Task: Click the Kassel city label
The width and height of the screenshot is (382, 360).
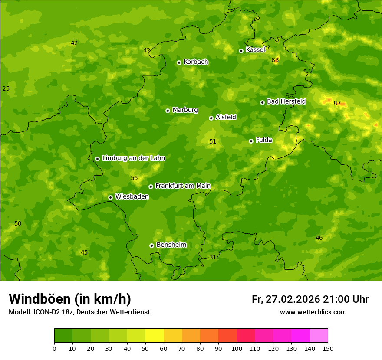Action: coord(255,50)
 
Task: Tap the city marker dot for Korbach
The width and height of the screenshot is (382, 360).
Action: coord(179,62)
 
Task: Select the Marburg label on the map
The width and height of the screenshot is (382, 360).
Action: coord(185,110)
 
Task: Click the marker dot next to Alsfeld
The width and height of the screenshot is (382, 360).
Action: coord(211,118)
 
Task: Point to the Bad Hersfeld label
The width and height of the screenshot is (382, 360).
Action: coord(286,101)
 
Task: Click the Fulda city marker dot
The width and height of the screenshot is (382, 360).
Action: coord(251,141)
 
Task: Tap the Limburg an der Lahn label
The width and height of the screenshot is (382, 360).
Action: coord(133,158)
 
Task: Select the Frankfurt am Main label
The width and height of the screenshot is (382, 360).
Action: coord(183,186)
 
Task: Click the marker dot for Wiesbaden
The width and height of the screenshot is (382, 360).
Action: coord(110,197)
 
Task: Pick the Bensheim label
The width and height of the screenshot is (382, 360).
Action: coord(171,245)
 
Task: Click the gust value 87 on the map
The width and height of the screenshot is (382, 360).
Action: coord(337,103)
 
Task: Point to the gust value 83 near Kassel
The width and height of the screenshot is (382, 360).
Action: coord(275,60)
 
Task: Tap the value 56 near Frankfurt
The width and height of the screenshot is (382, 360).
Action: coord(134,178)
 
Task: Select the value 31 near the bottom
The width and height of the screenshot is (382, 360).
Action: coord(213,257)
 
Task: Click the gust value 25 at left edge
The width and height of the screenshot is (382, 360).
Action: coord(6,88)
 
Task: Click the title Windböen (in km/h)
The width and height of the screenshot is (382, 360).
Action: coord(70,299)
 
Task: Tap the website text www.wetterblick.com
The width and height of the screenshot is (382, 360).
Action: coord(313,312)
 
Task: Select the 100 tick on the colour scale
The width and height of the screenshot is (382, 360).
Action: coord(237,348)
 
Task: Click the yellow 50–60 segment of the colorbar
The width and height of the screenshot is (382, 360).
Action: coord(155,336)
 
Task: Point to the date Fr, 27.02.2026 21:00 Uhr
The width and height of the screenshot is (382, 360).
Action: coord(310,299)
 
